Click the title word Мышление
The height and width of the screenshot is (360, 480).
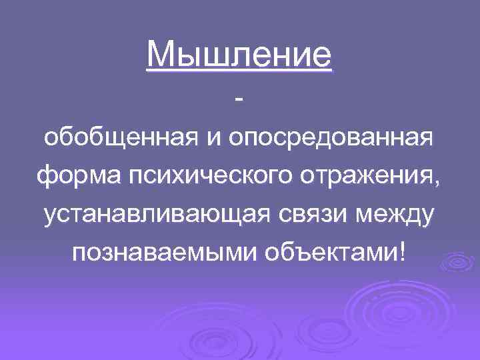coord(239,55)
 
